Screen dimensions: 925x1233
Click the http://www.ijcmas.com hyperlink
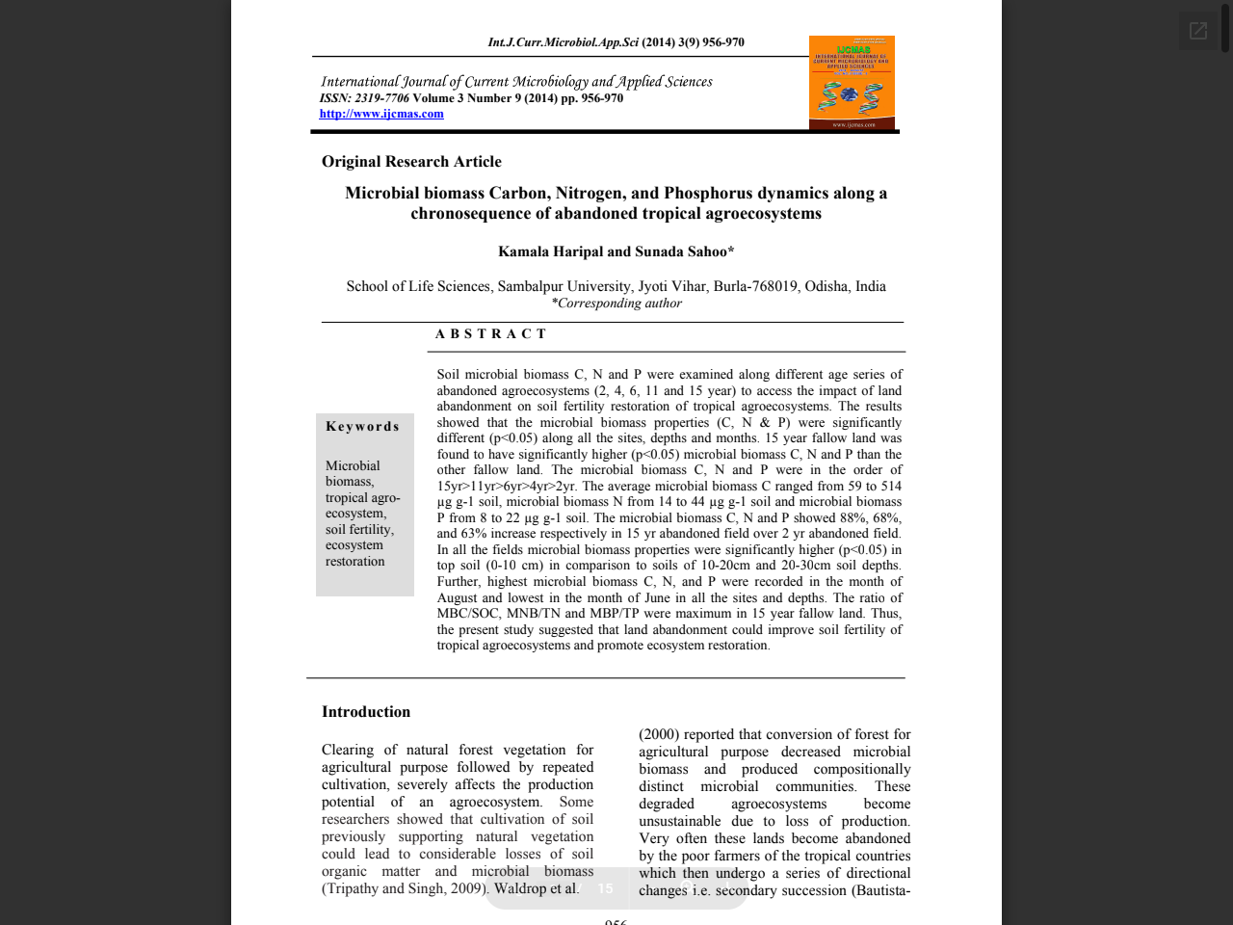coord(381,114)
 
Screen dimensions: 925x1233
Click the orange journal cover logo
coord(852,83)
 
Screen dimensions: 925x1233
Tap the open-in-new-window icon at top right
coord(1198,31)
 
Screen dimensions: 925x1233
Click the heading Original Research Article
coord(411,162)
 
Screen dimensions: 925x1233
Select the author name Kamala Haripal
coord(550,251)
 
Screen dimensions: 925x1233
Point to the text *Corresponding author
coord(616,304)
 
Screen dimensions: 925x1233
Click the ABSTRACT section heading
coord(490,334)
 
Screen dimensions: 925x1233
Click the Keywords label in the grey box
coord(362,427)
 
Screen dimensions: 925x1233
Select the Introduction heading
coord(366,712)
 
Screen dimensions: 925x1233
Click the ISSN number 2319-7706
coord(381,98)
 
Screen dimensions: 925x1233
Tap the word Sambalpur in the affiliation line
coord(529,286)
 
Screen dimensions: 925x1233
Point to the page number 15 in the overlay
coord(605,888)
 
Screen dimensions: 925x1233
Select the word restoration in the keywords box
coord(354,562)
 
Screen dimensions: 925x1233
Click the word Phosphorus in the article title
coord(707,194)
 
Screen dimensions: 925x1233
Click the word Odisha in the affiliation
coord(827,286)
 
